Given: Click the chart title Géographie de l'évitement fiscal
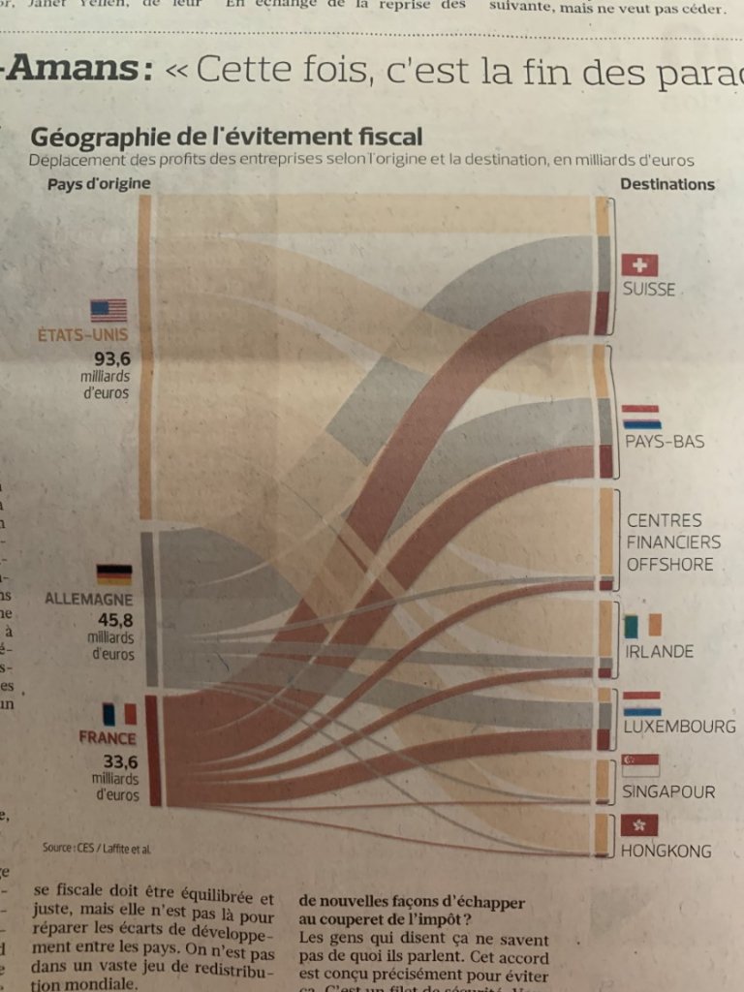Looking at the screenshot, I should tap(227, 136).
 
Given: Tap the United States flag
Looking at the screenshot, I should tap(108, 310).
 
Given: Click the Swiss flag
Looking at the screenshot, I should tap(639, 264).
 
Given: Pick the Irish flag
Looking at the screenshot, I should tap(642, 625).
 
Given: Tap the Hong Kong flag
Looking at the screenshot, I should tap(639, 824).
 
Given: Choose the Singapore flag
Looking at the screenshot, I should tap(640, 765).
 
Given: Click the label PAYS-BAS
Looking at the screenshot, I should tap(664, 442).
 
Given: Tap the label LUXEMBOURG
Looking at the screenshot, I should tap(679, 726).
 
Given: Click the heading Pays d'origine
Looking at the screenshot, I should tap(98, 183).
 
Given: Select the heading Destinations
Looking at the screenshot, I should tap(667, 184).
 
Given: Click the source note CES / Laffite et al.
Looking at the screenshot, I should tap(97, 848).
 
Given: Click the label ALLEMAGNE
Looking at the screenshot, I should tap(89, 598).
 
